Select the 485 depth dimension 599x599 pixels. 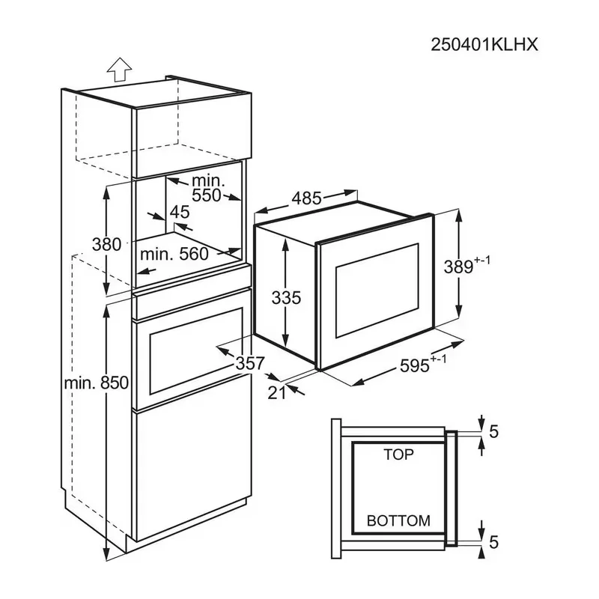306,198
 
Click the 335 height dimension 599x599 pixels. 285,297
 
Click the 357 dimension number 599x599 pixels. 249,363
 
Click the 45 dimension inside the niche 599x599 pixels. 180,212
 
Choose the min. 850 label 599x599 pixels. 97,383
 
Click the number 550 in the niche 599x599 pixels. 205,196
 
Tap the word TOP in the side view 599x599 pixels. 398,454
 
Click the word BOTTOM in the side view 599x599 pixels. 398,520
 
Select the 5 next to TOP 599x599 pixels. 494,432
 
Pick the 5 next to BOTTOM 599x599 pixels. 494,541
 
